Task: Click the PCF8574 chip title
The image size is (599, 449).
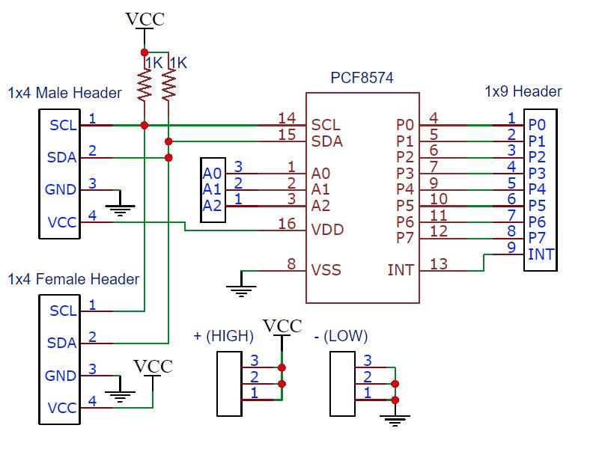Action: pyautogui.click(x=362, y=78)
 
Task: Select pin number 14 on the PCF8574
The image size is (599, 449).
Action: pyautogui.click(x=287, y=117)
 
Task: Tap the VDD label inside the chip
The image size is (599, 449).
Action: pyautogui.click(x=327, y=229)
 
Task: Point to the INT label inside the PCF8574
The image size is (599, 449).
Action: pyautogui.click(x=401, y=270)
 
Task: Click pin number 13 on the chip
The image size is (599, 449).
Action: pyautogui.click(x=439, y=263)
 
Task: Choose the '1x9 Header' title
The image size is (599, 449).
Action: pyautogui.click(x=523, y=91)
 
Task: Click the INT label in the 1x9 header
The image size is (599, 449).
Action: pyautogui.click(x=541, y=254)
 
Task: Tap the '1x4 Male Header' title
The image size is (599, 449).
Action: pyautogui.click(x=64, y=94)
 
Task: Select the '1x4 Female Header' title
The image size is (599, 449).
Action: pyautogui.click(x=73, y=279)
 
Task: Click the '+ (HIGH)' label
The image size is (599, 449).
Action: pyautogui.click(x=224, y=336)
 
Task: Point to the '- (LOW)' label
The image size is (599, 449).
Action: pyautogui.click(x=341, y=336)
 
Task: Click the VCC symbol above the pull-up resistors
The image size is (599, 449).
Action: pyautogui.click(x=145, y=20)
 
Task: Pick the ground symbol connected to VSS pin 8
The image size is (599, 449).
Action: pyautogui.click(x=240, y=289)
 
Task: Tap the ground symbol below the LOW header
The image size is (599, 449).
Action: pyautogui.click(x=395, y=419)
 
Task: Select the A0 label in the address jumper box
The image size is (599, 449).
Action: pyautogui.click(x=213, y=173)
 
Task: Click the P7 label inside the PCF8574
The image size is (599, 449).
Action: pyautogui.click(x=405, y=238)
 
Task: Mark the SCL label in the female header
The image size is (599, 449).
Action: pyautogui.click(x=62, y=311)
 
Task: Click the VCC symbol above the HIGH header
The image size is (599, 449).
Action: pyautogui.click(x=282, y=326)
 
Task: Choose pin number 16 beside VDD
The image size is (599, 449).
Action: pyautogui.click(x=287, y=223)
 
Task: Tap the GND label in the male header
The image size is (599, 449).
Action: pyautogui.click(x=61, y=189)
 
